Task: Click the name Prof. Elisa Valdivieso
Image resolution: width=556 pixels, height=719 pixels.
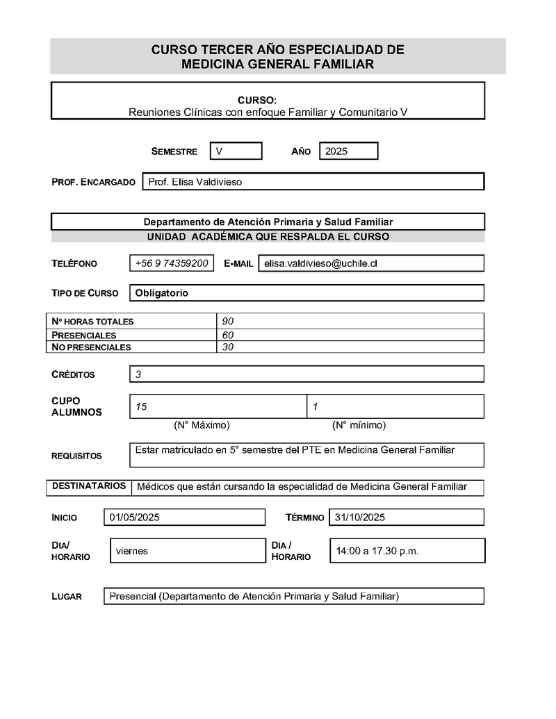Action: pos(195,181)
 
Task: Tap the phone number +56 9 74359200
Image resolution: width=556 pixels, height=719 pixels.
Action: pos(172,263)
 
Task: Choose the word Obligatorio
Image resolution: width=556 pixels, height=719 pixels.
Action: pos(162,293)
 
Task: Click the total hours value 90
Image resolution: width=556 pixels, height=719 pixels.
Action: pos(228,321)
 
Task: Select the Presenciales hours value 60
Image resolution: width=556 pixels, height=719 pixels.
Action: pos(228,335)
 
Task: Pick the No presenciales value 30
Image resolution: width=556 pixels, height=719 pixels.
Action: pos(228,347)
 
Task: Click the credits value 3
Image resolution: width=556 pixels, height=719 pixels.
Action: pos(138,374)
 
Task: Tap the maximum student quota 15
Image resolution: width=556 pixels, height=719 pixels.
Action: pos(141,406)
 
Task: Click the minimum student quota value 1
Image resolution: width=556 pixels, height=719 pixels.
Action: pos(316,406)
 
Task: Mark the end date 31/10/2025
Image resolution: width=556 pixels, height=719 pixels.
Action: pos(360,518)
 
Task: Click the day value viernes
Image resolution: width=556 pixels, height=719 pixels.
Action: pos(132,551)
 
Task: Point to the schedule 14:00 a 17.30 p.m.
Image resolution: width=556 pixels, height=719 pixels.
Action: pos(377,551)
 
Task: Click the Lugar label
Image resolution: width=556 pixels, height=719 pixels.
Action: pos(67,597)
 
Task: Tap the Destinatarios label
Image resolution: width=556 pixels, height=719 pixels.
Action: pos(89,486)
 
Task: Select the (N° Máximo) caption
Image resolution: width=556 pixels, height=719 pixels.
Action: pos(202,425)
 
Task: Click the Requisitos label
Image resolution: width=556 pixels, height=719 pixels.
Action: pos(76,456)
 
